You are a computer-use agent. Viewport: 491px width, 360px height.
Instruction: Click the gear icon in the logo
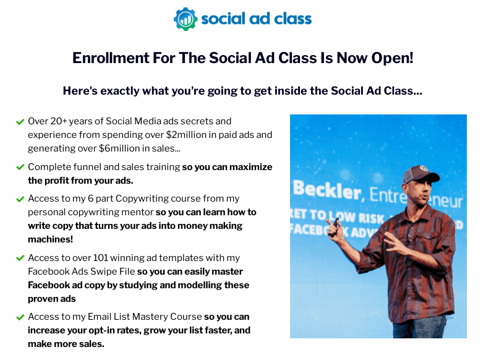tap(186, 19)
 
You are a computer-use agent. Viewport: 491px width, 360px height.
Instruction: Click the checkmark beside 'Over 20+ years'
tap(20, 122)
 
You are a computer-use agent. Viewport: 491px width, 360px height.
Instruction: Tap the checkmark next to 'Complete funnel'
tap(20, 167)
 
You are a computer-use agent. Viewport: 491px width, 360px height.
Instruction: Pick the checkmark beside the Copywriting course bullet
tap(20, 199)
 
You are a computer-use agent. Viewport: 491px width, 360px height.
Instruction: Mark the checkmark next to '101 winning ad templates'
tap(20, 258)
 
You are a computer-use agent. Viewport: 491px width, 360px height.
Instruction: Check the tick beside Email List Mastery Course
tap(20, 317)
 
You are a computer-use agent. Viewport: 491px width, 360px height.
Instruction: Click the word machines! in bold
tap(51, 239)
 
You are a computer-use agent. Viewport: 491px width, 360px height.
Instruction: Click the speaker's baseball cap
tap(420, 174)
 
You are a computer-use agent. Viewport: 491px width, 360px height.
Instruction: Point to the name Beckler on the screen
tap(327, 190)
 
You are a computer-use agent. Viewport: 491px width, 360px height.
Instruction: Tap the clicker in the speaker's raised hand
tap(336, 223)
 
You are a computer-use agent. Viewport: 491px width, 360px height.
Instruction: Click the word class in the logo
tap(292, 19)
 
